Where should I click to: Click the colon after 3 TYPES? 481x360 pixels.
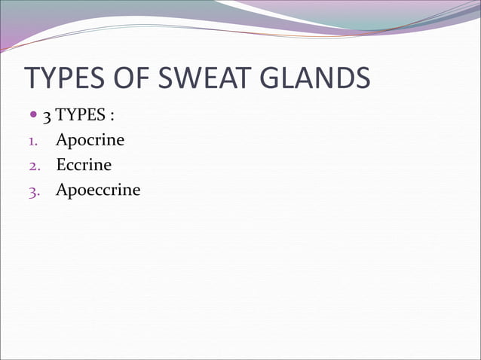coord(112,118)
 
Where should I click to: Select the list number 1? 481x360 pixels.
coord(30,141)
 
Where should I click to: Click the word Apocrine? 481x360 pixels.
coord(90,141)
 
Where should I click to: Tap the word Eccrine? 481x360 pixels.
coord(84,165)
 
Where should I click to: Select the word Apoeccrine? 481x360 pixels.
coord(98,190)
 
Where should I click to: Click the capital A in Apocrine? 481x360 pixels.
coord(61,140)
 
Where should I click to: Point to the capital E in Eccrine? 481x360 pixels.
coord(61,165)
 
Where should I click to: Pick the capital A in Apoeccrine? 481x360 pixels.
coord(61,189)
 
